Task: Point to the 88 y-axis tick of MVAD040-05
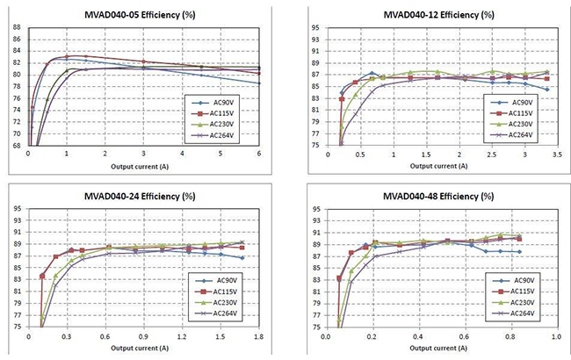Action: tap(17, 27)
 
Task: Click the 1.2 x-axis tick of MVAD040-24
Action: tap(182, 335)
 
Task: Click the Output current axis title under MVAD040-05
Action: tap(143, 165)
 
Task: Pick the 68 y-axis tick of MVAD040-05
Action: tap(17, 145)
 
